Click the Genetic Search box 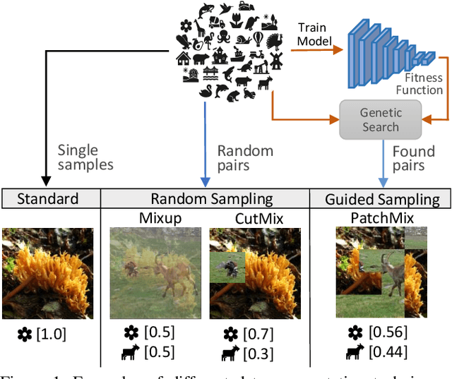[x=380, y=119]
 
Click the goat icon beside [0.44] [x=354, y=352]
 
